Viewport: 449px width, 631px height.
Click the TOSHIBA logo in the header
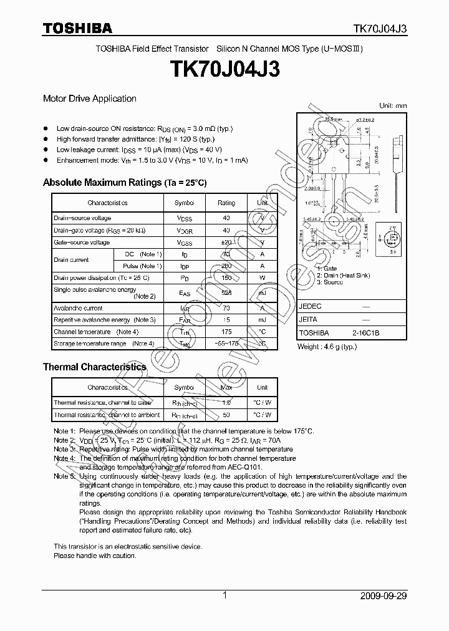(x=77, y=28)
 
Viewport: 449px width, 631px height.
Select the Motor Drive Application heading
(x=89, y=99)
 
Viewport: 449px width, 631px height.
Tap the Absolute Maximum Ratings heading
(x=124, y=183)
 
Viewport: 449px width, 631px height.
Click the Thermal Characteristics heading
(x=94, y=367)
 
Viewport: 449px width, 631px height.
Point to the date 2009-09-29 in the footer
(x=384, y=595)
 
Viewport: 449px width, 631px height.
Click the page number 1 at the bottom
(x=224, y=595)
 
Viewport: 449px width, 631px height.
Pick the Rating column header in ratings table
(x=226, y=203)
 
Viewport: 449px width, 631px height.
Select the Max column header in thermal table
(x=226, y=387)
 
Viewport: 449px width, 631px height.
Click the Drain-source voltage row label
(x=82, y=218)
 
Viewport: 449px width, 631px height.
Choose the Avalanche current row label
(x=78, y=308)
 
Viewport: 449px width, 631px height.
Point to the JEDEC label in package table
(x=310, y=307)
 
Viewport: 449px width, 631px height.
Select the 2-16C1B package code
(x=364, y=333)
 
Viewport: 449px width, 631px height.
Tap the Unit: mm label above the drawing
(x=393, y=106)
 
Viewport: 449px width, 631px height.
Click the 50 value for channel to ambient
(x=226, y=415)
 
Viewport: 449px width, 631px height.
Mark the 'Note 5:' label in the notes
(x=64, y=476)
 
